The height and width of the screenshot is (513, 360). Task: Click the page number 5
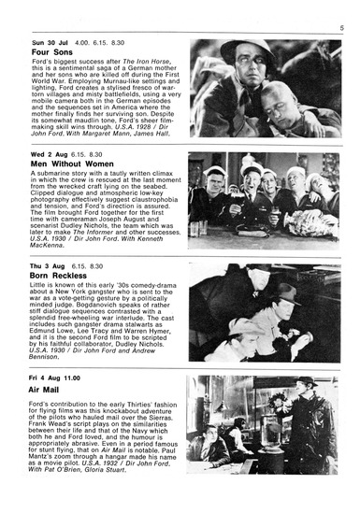pos(341,28)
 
